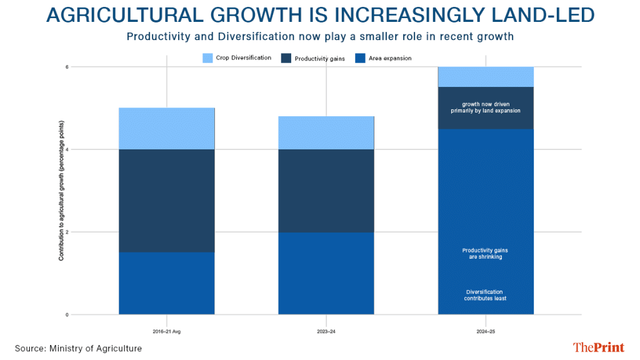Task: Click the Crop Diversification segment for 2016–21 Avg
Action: [x=166, y=129]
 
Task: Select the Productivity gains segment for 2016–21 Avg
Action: [x=166, y=201]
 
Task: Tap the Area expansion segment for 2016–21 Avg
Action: [x=166, y=283]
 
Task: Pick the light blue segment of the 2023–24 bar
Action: [x=326, y=132]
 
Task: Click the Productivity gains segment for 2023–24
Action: [x=326, y=191]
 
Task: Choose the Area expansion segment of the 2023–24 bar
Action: [x=326, y=273]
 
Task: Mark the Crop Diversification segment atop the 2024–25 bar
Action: [x=486, y=76]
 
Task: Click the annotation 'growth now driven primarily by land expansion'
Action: [x=486, y=107]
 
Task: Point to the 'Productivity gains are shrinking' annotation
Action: [x=486, y=253]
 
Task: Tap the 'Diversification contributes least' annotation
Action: [x=486, y=295]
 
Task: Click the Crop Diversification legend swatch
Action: [x=208, y=58]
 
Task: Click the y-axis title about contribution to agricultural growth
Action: [x=61, y=191]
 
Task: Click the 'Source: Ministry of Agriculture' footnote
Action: [x=79, y=348]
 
